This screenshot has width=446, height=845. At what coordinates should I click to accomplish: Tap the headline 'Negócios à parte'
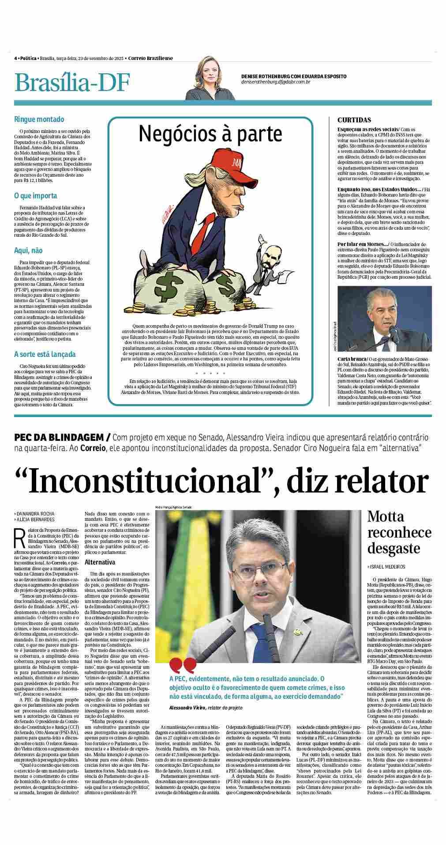[210, 133]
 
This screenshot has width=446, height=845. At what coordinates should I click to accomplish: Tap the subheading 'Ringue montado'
[39, 119]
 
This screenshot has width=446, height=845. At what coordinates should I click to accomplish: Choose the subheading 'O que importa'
[36, 196]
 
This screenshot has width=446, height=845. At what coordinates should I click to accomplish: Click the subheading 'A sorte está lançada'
[45, 354]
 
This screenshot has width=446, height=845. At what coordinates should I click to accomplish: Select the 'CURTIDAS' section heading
[354, 120]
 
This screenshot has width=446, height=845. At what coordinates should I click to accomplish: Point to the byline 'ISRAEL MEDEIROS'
[388, 566]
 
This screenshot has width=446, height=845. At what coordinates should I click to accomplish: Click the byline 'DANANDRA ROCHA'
[36, 514]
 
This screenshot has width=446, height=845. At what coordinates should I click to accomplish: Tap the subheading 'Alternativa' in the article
[100, 562]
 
